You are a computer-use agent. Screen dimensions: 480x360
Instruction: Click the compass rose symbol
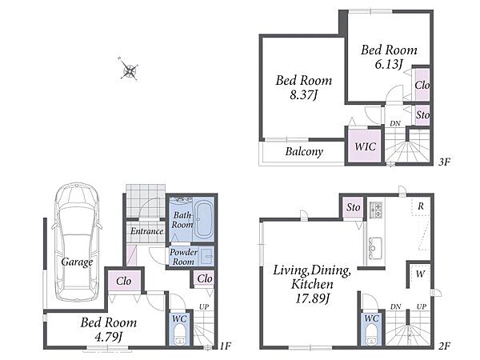[129, 70]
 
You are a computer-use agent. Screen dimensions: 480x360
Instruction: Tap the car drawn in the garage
[77, 242]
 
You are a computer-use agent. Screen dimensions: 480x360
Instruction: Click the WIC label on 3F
[365, 146]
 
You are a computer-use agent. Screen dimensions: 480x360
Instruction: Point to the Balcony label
[304, 151]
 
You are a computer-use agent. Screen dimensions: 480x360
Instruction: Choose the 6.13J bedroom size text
[389, 64]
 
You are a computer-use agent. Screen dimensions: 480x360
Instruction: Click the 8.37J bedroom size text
[303, 94]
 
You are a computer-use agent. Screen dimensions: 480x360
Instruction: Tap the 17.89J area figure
[312, 298]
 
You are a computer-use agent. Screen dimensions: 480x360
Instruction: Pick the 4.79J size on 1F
[108, 337]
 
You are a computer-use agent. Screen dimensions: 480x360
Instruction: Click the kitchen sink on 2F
[375, 248]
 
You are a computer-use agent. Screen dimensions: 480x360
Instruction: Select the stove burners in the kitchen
[375, 210]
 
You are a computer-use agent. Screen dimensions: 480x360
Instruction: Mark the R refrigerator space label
[421, 206]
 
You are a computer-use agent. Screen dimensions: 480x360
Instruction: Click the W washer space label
[420, 274]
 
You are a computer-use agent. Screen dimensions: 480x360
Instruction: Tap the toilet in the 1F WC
[180, 335]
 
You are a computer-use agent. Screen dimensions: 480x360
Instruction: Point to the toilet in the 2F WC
[372, 335]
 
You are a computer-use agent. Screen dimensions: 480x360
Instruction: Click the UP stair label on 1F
[204, 306]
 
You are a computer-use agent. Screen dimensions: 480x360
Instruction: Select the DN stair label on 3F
[395, 124]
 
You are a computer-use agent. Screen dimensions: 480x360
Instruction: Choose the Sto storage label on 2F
[354, 207]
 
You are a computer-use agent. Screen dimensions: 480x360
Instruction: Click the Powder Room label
[183, 257]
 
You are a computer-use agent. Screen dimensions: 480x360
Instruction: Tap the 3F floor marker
[444, 162]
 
